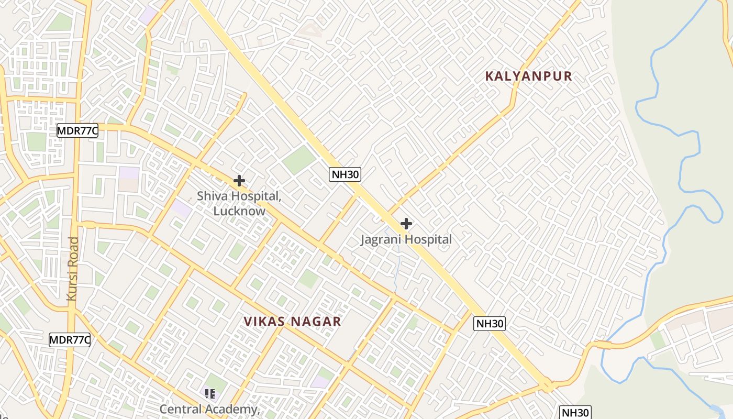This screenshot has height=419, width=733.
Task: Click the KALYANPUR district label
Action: (x=528, y=76)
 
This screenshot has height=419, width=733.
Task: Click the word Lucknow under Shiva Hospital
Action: (x=239, y=211)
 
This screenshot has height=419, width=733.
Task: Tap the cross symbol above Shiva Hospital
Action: (x=239, y=181)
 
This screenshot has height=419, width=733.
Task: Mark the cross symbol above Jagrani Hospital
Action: (x=406, y=224)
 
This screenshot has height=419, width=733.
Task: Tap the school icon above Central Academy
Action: (x=210, y=393)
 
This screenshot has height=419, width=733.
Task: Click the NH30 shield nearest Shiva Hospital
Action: (x=345, y=174)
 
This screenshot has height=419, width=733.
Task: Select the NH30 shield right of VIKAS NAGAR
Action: (x=490, y=324)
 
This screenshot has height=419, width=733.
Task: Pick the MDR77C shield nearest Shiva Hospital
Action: (x=77, y=131)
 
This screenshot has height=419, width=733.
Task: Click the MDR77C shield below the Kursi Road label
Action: (x=70, y=340)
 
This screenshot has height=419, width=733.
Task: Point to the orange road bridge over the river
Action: (x=603, y=345)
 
